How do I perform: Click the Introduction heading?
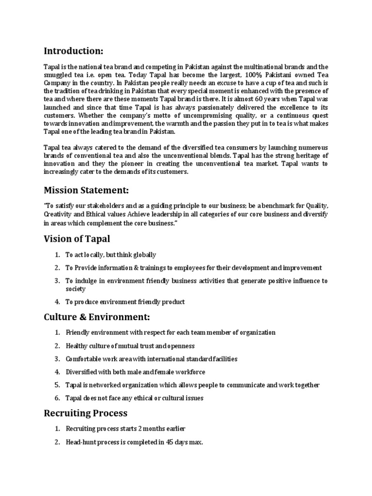[x=73, y=51]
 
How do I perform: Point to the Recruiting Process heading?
[x=85, y=413]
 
